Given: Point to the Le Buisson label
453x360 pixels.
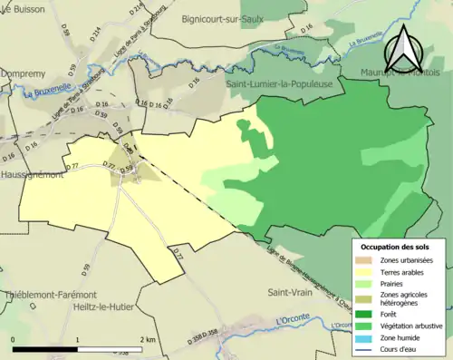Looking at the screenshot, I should coord(24,8).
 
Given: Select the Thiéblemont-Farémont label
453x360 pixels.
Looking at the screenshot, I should coord(48,295).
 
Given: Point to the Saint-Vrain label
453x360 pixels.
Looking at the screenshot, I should coord(290,293).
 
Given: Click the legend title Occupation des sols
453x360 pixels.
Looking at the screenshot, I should coord(395,247).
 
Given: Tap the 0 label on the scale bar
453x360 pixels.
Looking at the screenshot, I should coord(14,339).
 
